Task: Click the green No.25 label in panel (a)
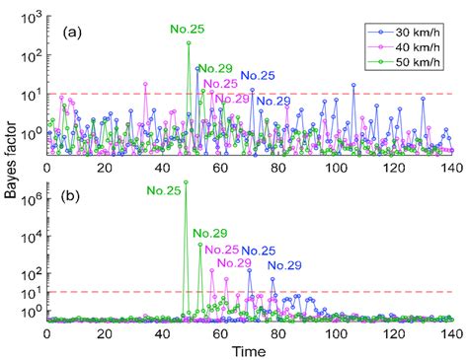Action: tap(187, 32)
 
